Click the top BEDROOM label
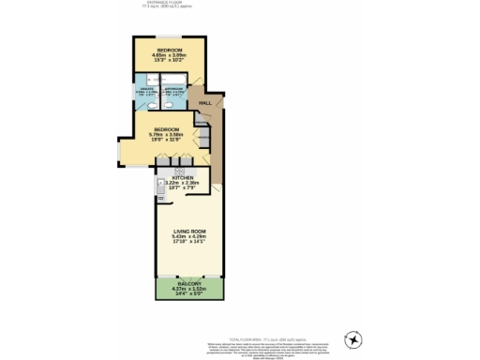[169, 49]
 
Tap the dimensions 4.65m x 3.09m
[169, 55]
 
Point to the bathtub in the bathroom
[174, 80]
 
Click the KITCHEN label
[183, 177]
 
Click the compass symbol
[354, 338]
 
